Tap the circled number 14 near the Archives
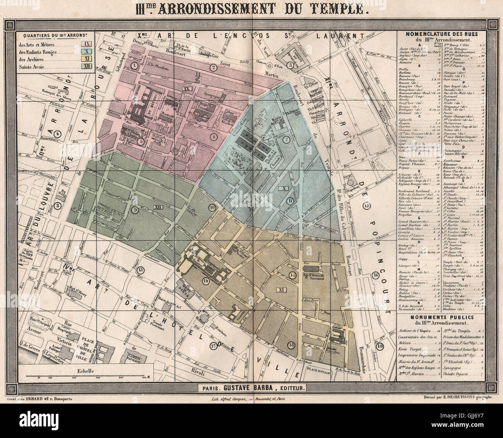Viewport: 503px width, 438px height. coord(206,281)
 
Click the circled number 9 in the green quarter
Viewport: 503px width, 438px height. coord(135,210)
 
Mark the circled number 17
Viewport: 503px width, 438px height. coord(212,346)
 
